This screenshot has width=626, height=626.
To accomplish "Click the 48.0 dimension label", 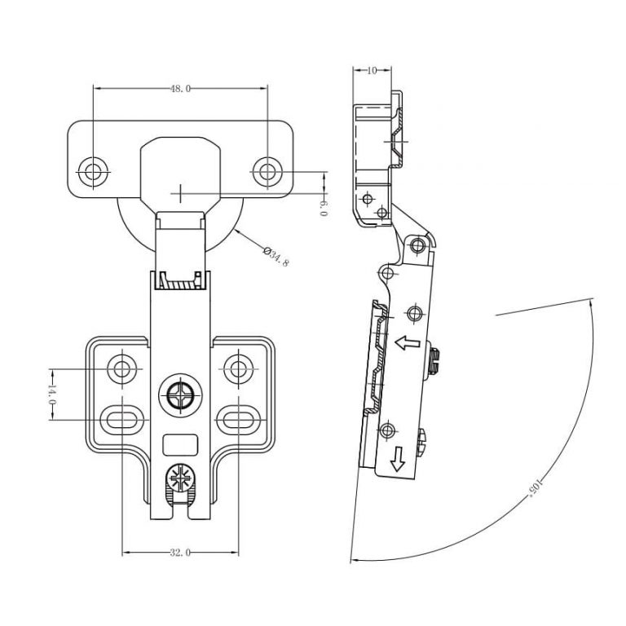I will coord(180,88).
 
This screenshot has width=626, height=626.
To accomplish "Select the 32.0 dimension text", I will coord(180,553).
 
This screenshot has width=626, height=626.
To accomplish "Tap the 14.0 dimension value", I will coord(51,395).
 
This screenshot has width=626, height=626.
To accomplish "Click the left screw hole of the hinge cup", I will coord(92,171).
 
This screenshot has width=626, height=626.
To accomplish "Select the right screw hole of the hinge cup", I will coord(267,171).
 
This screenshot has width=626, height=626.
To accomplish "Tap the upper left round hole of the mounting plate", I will coord(122,368).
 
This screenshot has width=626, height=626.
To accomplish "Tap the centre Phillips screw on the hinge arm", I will coord(179,398).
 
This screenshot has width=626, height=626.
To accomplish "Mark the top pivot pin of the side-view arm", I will coord(419,245).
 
